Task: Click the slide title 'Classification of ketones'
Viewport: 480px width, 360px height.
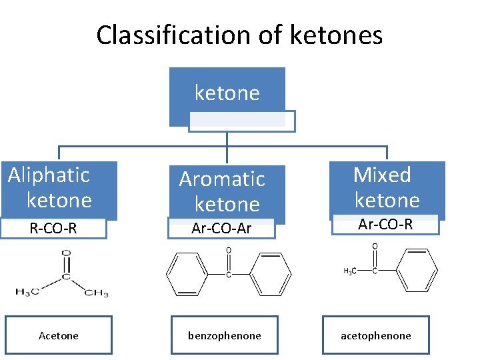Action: (239, 35)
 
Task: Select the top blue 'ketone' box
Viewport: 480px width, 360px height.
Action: (227, 94)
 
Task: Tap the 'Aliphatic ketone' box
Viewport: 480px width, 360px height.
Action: (59, 189)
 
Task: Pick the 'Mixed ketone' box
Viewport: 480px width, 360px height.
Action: (387, 188)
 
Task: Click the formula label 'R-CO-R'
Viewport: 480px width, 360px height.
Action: (53, 229)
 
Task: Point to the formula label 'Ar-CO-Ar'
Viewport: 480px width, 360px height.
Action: (221, 229)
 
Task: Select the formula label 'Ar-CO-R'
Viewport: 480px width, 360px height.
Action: (385, 225)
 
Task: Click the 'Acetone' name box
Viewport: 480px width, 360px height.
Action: (59, 335)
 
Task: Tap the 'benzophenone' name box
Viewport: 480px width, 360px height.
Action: (225, 335)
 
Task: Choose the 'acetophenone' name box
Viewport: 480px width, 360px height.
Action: (376, 335)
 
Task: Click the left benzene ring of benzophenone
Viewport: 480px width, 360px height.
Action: (186, 274)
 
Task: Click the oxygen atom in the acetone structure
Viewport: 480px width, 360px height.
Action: (65, 253)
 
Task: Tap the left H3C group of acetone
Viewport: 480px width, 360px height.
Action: (27, 291)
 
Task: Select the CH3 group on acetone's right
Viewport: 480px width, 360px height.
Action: (96, 292)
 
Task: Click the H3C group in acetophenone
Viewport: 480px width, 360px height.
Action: (349, 271)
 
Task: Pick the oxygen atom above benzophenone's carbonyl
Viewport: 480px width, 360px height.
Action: (228, 251)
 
